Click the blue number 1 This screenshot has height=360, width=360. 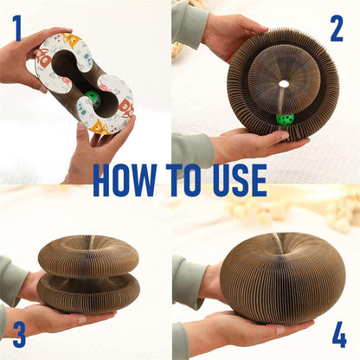(x=18, y=29)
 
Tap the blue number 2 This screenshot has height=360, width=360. (x=337, y=29)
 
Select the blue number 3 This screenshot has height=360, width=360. (x=19, y=334)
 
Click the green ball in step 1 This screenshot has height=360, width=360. (x=93, y=98)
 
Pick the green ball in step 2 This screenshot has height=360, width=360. (x=285, y=119)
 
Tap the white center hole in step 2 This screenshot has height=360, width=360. (x=284, y=84)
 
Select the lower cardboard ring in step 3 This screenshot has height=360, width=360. (x=88, y=292)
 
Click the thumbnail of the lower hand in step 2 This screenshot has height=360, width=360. (x=284, y=136)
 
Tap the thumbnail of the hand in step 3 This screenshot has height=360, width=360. (x=82, y=319)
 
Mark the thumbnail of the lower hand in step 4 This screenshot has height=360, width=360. (x=280, y=330)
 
